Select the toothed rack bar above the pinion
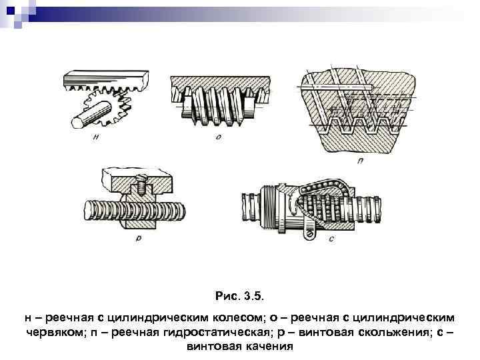tap(107, 79)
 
